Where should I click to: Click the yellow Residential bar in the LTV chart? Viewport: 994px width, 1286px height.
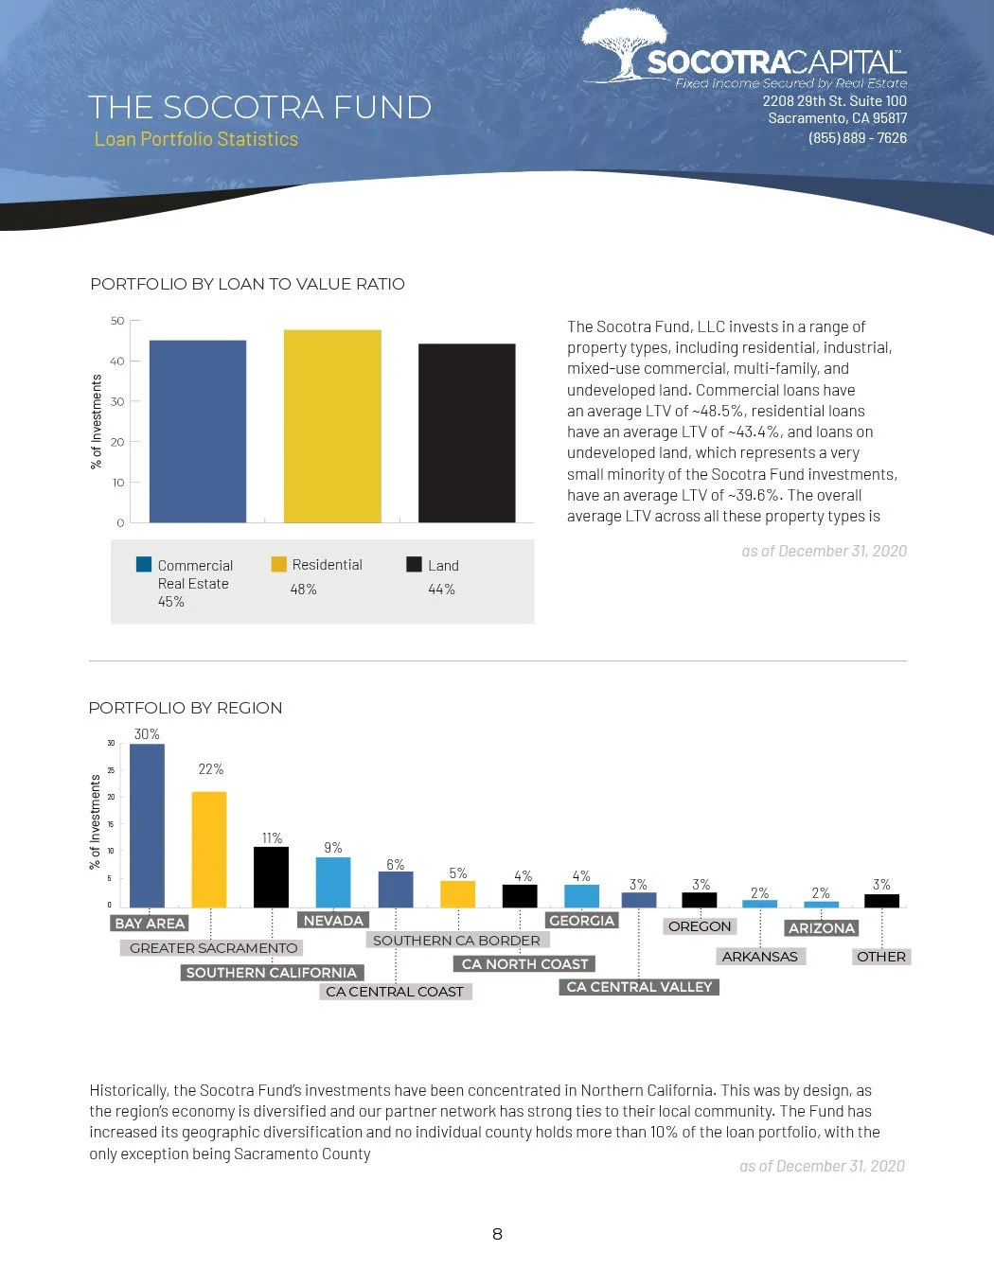click(332, 426)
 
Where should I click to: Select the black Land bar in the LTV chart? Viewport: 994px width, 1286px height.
click(467, 432)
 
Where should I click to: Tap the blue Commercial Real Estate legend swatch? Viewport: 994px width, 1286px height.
click(144, 564)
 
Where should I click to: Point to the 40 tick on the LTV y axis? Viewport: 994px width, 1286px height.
click(117, 361)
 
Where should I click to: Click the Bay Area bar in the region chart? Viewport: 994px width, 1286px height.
click(147, 825)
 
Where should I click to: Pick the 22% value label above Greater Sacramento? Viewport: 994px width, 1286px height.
click(210, 769)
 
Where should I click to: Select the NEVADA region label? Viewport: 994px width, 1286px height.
click(333, 920)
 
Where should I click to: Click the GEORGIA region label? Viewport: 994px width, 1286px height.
click(582, 920)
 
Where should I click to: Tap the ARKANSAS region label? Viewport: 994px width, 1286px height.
click(759, 957)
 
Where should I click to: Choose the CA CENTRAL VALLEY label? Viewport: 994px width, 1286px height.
click(639, 987)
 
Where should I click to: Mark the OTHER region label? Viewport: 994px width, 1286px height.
click(880, 957)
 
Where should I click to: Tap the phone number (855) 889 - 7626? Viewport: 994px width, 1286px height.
click(857, 138)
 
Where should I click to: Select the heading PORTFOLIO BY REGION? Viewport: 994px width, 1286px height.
click(186, 708)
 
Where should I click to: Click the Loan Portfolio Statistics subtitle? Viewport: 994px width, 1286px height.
click(196, 139)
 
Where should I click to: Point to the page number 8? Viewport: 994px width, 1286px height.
click(497, 1234)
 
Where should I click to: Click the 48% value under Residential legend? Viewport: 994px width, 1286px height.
click(303, 590)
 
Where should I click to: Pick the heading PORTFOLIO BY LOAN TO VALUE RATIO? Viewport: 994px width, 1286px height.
click(247, 284)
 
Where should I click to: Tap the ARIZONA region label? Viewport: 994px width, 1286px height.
click(822, 928)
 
